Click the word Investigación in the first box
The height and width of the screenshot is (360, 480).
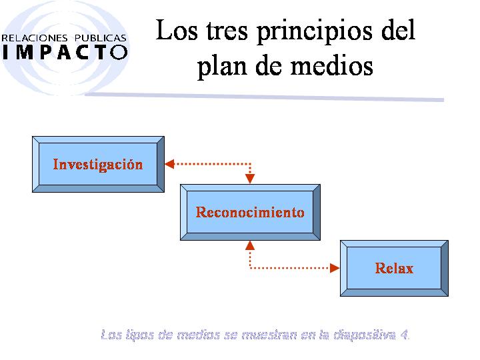(98, 165)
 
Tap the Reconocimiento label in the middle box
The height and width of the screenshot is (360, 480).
(250, 212)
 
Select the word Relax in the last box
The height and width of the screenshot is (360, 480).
(394, 268)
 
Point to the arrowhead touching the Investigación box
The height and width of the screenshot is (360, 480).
(169, 164)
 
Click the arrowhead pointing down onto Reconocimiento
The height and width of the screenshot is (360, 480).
(250, 179)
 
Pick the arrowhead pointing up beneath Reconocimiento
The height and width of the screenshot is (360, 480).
(250, 245)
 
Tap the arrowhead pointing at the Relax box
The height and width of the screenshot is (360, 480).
(335, 268)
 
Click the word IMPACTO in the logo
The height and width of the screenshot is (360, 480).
(65, 52)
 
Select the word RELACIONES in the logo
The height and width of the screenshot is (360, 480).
(34, 38)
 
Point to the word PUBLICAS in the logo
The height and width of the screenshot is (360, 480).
(101, 38)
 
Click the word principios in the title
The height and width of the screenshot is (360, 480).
(315, 32)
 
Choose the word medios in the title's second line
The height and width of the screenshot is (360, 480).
(331, 66)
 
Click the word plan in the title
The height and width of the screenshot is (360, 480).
(222, 67)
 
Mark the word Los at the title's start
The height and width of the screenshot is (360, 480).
(177, 30)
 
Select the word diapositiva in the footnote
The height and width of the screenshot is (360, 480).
(364, 335)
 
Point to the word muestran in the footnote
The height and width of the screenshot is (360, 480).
(269, 335)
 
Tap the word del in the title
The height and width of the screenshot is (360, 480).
(398, 30)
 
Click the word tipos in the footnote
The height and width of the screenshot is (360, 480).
(139, 335)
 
